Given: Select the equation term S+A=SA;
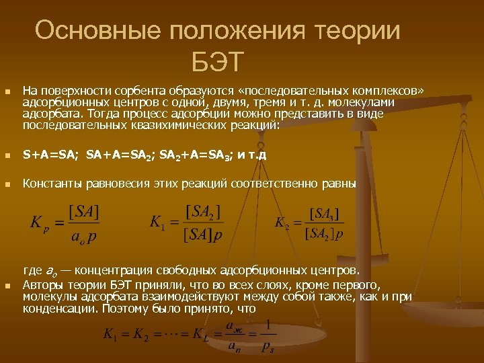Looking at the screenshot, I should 50,155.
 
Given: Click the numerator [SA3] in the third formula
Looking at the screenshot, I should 326,214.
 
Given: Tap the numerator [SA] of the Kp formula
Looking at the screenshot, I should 83,212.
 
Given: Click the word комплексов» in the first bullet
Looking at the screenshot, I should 396,89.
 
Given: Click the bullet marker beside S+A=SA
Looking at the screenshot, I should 7,155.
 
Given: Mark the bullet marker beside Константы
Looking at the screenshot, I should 7,183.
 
